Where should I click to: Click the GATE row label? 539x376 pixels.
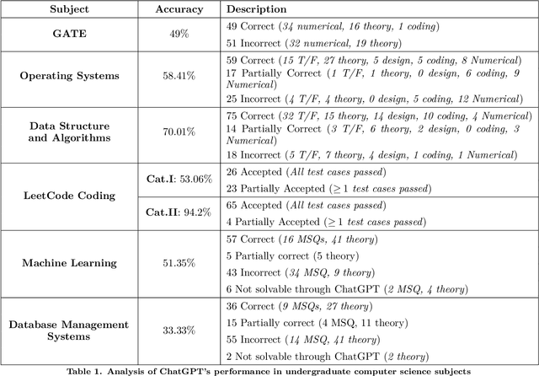pyautogui.click(x=70, y=33)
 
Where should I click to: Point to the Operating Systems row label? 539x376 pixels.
pyautogui.click(x=70, y=75)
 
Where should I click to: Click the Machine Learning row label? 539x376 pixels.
pyautogui.click(x=70, y=263)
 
